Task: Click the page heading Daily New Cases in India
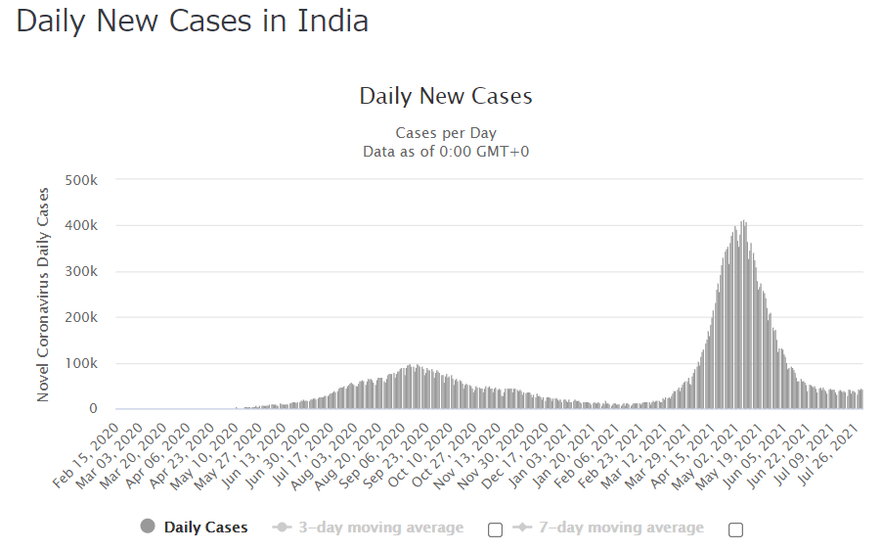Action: [x=193, y=23]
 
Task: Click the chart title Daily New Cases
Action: [x=446, y=96]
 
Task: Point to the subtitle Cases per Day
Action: [x=446, y=133]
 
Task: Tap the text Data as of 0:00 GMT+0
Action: [x=446, y=151]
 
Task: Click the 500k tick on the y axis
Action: [x=81, y=180]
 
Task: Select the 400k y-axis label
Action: [x=81, y=226]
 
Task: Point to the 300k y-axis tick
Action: [x=81, y=272]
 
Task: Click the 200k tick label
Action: [x=81, y=318]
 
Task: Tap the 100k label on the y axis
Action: [x=81, y=363]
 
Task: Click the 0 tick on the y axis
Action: [x=93, y=409]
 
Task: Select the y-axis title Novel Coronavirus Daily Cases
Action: [x=43, y=295]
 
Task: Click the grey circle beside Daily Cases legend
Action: [x=148, y=527]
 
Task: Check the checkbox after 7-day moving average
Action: [x=736, y=529]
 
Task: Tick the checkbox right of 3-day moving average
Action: [x=495, y=529]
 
